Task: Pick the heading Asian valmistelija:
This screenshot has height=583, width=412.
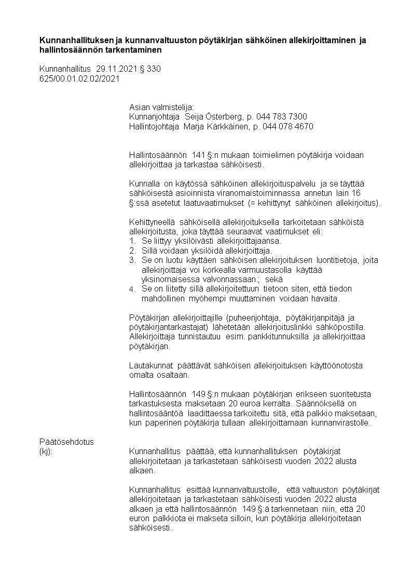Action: tap(161, 107)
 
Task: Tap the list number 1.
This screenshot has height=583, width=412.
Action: tap(132, 241)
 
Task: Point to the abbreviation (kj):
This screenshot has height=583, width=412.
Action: tap(46, 451)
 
